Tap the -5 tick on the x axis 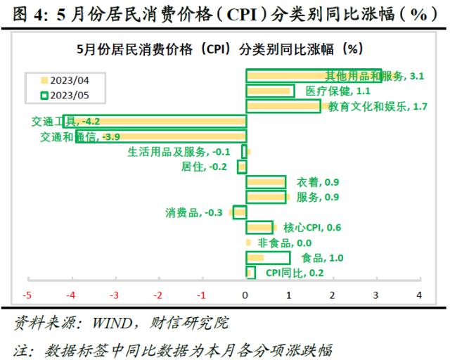click(x=28, y=295)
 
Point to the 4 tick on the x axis click(x=420, y=295)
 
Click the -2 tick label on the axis click(x=158, y=295)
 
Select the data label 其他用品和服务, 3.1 click(x=374, y=76)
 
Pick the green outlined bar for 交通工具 click(x=155, y=121)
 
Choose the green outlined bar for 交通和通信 click(x=161, y=136)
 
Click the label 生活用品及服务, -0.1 click(x=179, y=152)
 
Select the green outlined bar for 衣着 click(x=266, y=182)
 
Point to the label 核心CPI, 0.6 click(x=312, y=228)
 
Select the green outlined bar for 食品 click(x=268, y=258)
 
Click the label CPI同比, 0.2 click(x=295, y=274)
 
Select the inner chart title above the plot click(x=219, y=49)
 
